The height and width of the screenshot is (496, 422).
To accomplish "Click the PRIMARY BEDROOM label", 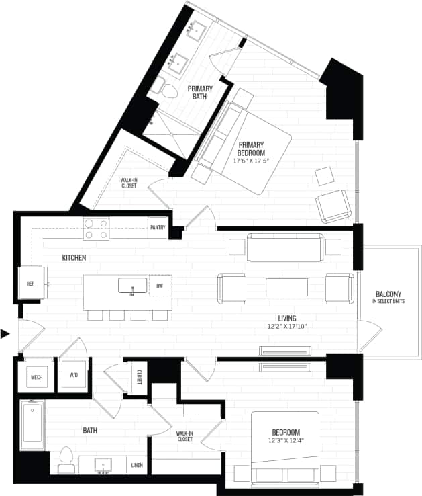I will [250, 149].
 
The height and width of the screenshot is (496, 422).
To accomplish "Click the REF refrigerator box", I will [31, 284].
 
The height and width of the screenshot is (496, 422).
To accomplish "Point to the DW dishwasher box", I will [159, 286].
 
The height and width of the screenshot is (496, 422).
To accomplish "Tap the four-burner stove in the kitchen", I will [96, 230].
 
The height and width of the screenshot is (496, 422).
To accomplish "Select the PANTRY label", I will [158, 227].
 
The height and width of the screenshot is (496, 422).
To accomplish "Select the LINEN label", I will [137, 464].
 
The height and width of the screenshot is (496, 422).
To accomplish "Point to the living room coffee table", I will [286, 287].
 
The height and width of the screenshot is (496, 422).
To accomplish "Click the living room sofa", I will [285, 247].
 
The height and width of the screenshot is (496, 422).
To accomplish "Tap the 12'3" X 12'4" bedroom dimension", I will [286, 441].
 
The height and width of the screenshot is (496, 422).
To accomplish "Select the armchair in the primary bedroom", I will [333, 206].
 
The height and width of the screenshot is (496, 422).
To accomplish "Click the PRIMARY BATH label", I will [200, 93].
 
